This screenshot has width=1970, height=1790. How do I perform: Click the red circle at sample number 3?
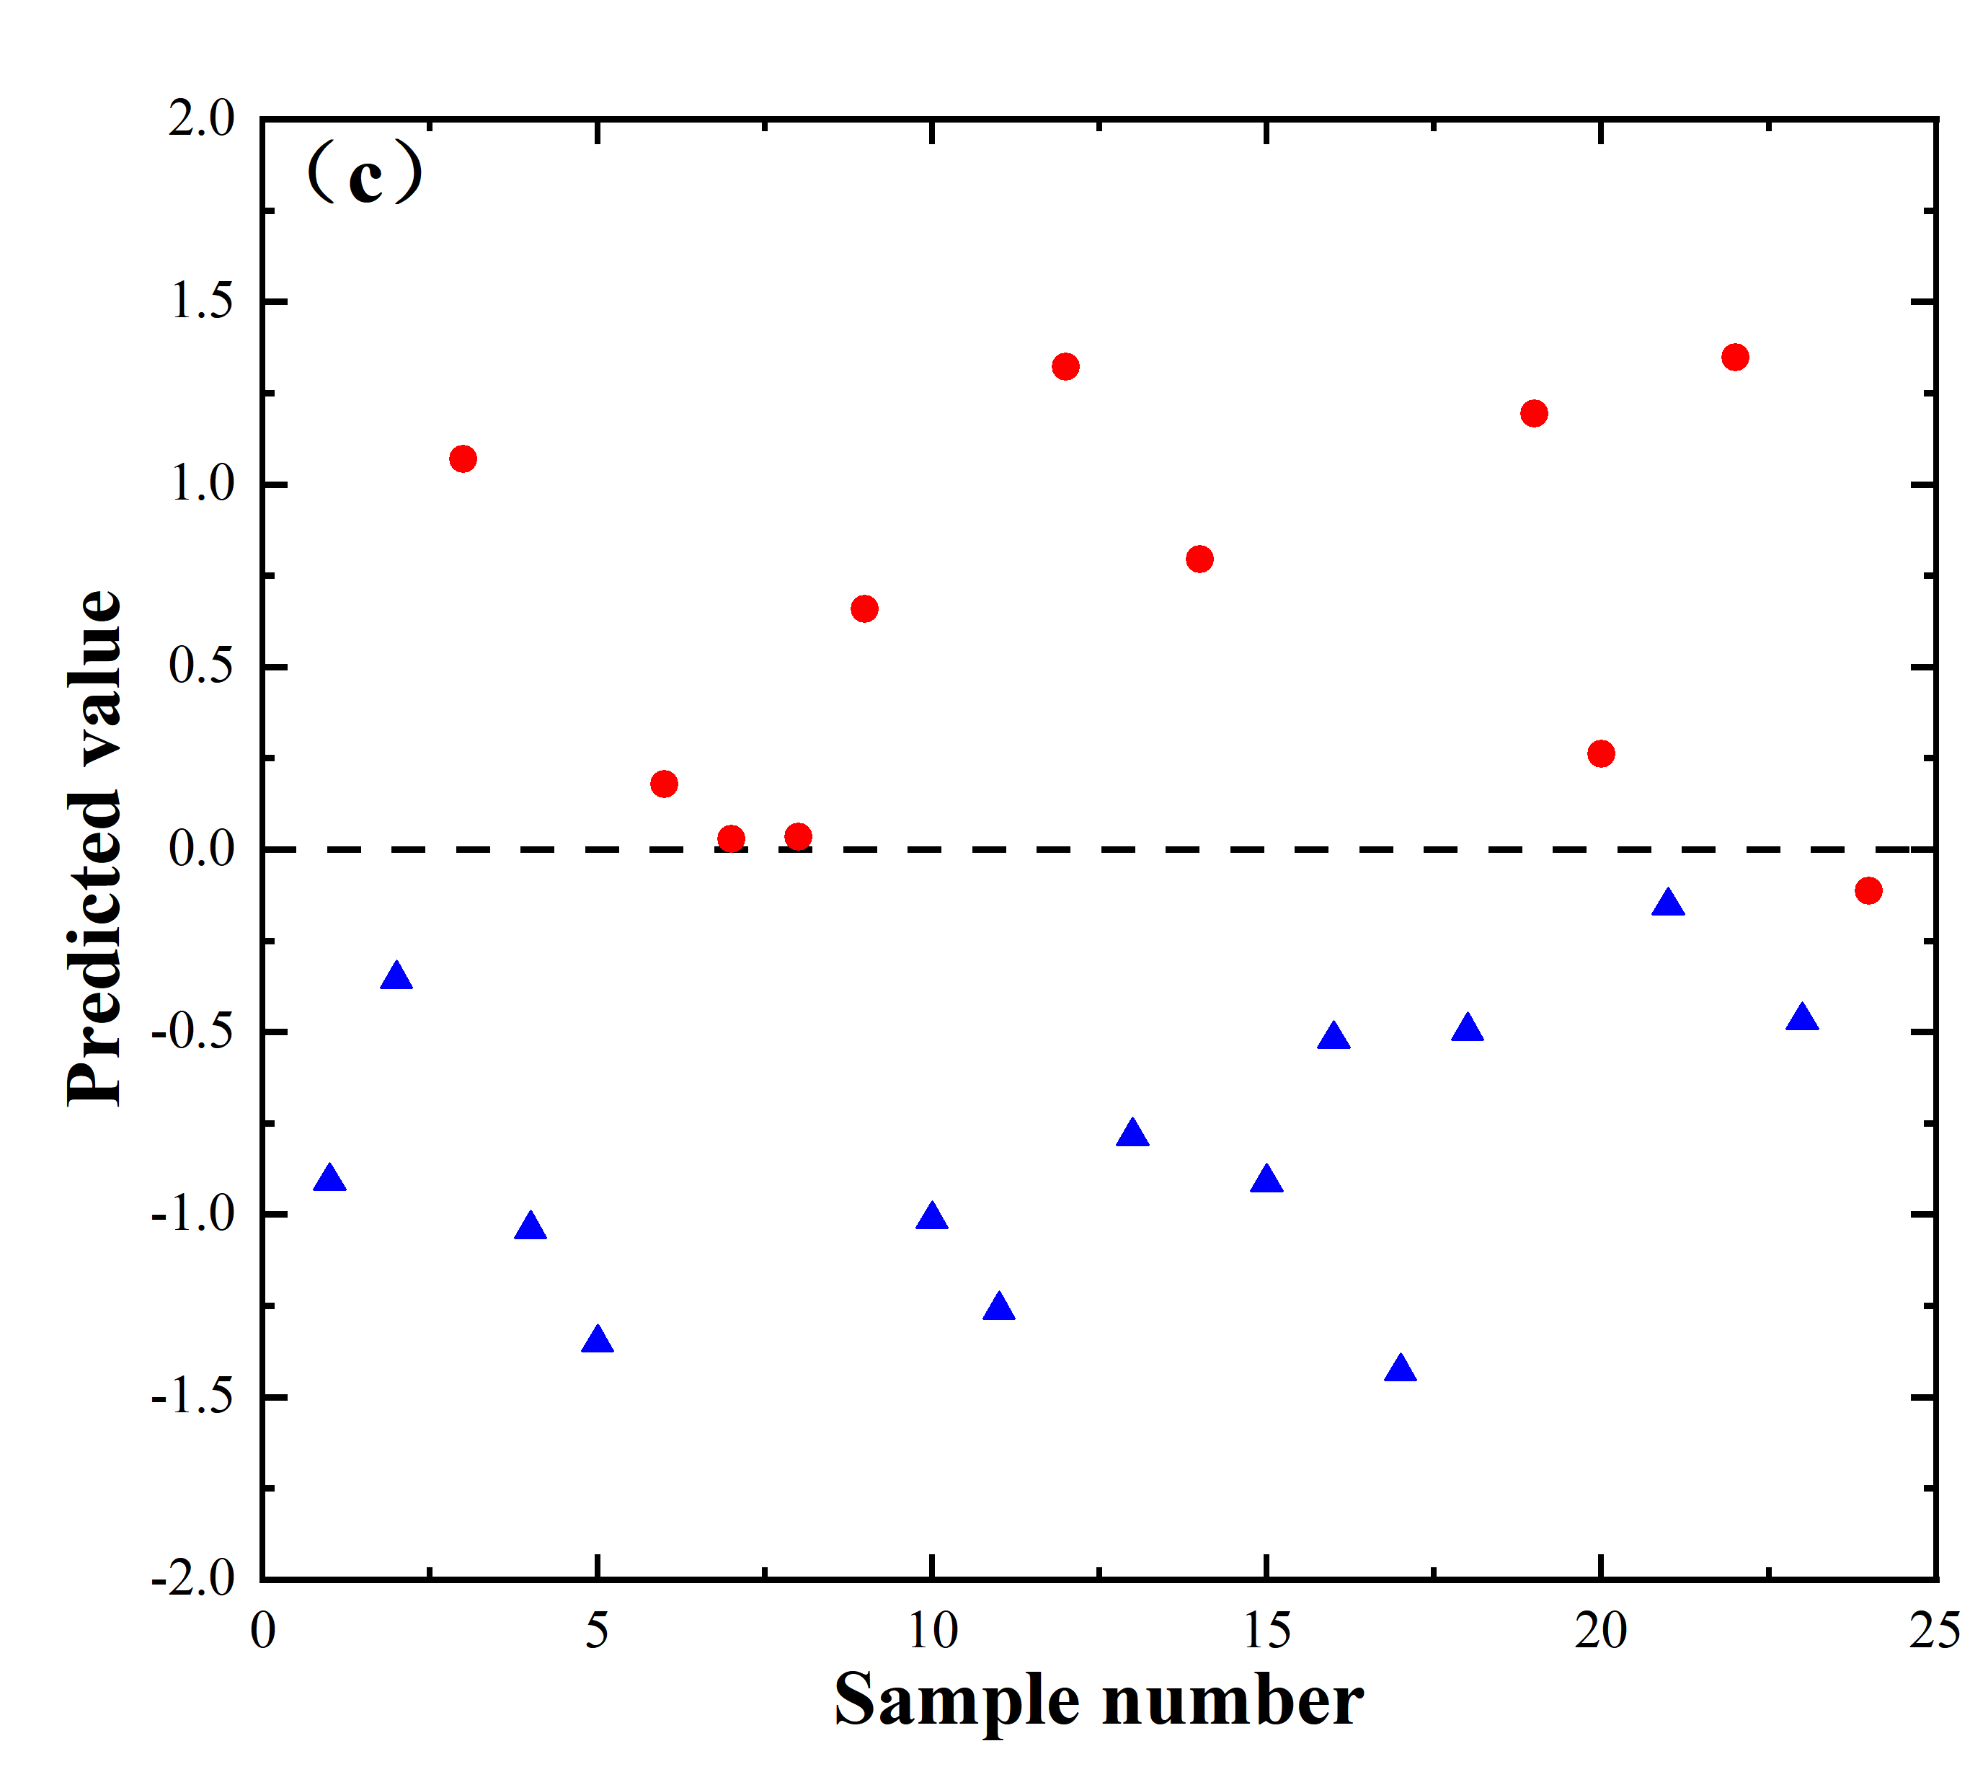(463, 458)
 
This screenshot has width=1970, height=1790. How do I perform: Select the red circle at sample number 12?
(1065, 366)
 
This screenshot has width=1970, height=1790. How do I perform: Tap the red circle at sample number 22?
(1734, 357)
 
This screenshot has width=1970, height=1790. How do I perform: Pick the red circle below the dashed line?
(1868, 890)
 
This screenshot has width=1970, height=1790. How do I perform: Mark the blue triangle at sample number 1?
(329, 1179)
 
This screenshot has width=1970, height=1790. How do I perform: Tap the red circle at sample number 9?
(864, 608)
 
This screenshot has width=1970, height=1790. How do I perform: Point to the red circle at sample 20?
(1601, 753)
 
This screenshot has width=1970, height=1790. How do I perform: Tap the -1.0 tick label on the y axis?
(192, 1215)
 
